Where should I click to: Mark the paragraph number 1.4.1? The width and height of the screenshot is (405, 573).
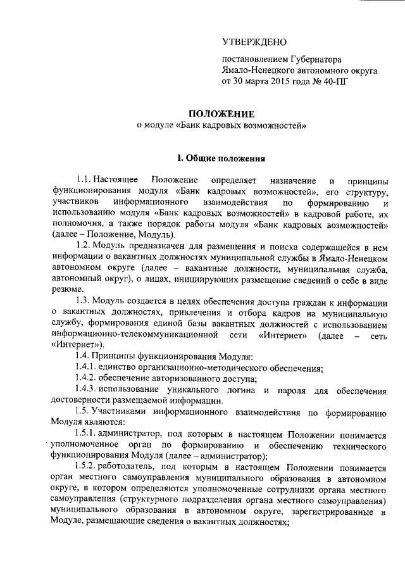(x=89, y=368)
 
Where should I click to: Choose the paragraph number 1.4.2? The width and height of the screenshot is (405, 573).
(x=89, y=379)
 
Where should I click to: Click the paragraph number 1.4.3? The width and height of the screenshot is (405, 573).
(x=89, y=389)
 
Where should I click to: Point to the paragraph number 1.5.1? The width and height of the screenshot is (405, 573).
(x=89, y=434)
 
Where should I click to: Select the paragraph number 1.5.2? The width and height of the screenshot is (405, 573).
(x=89, y=469)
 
